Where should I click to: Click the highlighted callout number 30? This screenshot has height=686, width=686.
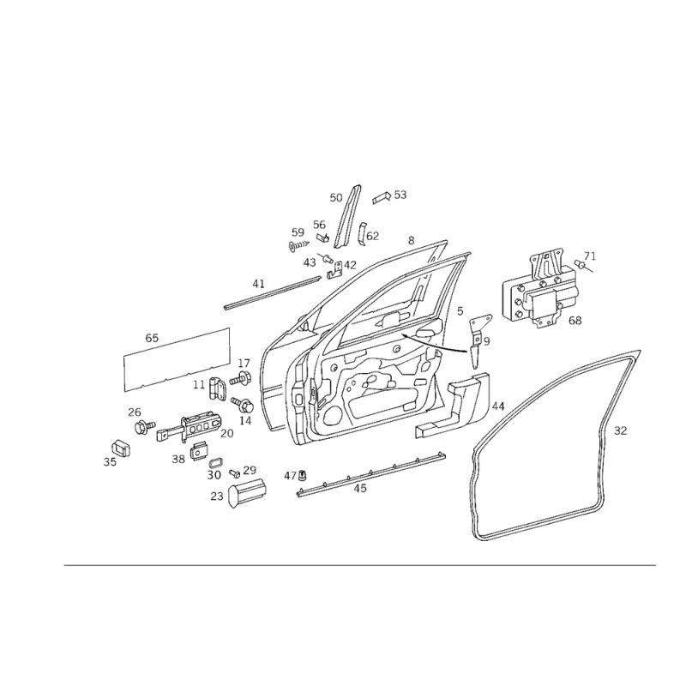(214, 472)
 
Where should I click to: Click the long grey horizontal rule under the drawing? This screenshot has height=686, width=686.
(360, 563)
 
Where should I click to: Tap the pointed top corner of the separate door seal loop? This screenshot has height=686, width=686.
(639, 352)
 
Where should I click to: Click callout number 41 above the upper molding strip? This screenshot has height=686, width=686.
(256, 280)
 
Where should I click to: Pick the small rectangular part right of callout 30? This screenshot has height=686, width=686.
(249, 488)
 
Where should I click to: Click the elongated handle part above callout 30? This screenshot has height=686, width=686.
(193, 426)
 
